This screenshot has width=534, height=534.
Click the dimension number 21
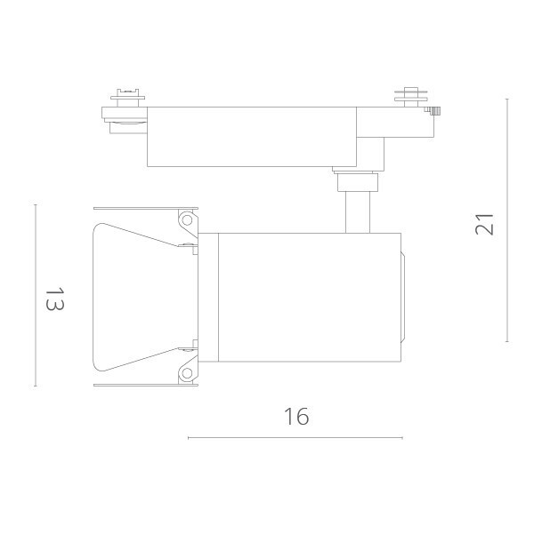coord(484,225)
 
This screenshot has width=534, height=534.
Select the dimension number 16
coord(296,416)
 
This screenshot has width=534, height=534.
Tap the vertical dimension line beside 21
coord(507,220)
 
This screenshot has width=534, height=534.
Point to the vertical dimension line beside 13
coord(36,295)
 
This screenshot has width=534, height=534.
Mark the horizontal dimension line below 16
coord(295,437)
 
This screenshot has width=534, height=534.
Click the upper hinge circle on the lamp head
coord(187,219)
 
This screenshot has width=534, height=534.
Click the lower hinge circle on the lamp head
coord(187,372)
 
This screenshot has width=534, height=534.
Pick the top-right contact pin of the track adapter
coord(410,94)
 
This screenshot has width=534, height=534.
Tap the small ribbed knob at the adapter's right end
coord(436,111)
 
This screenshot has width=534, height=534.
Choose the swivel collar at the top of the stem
coord(356,183)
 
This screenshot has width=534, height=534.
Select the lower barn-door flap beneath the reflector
coord(142,383)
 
